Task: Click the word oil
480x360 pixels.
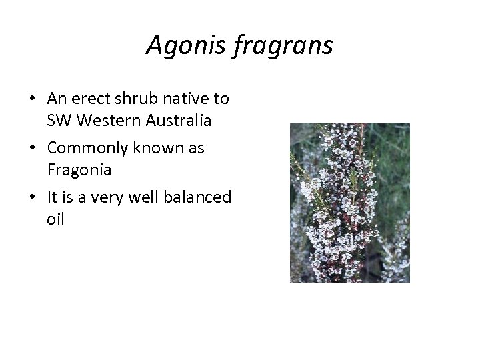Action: coord(55,219)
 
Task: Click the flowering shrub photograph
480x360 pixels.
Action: coord(349,202)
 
